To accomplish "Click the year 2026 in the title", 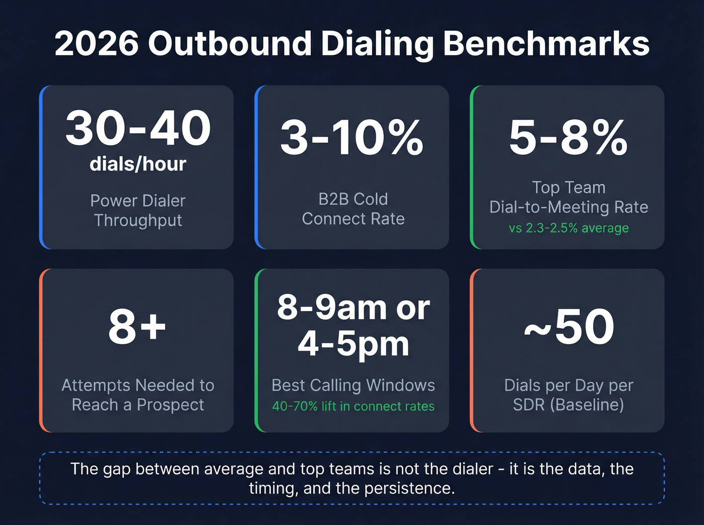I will (96, 44).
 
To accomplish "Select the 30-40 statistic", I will (138, 129).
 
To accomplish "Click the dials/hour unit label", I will (138, 164).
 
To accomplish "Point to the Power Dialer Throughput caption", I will (138, 211).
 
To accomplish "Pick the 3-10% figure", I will (352, 138).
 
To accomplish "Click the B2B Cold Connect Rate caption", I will (353, 209).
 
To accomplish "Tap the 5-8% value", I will (568, 138).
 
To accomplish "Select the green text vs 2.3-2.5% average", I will (568, 228).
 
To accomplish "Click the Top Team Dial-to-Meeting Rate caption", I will (568, 197).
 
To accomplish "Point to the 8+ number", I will (137, 327).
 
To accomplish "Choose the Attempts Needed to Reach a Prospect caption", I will (138, 395).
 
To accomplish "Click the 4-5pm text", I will (353, 345).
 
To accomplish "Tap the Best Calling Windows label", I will (353, 385).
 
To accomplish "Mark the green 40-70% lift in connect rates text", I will (353, 406).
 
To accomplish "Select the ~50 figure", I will (569, 327).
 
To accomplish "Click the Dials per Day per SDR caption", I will (568, 395).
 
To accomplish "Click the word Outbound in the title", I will (230, 44).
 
